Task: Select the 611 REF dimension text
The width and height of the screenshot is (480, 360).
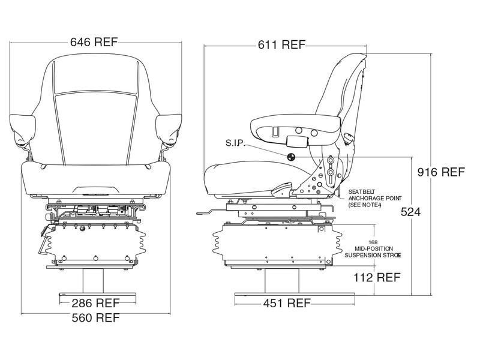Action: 281,44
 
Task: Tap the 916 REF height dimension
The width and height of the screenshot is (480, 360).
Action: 441,172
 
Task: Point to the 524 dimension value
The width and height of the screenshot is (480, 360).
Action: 412,212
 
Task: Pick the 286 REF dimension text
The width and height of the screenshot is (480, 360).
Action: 96,302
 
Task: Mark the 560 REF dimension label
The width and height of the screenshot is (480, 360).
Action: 96,317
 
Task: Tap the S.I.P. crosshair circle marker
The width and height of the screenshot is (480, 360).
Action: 292,157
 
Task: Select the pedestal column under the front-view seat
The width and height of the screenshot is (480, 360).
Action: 96,278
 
